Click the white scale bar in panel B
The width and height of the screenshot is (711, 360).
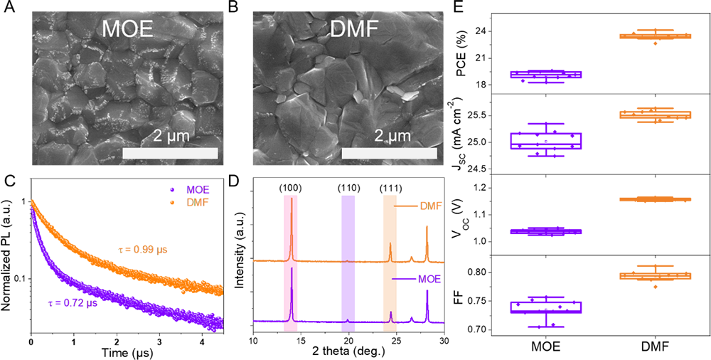389,154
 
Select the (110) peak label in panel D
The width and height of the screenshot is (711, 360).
348,189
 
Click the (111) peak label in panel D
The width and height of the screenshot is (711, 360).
390,189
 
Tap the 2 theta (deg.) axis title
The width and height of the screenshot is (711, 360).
348,351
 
